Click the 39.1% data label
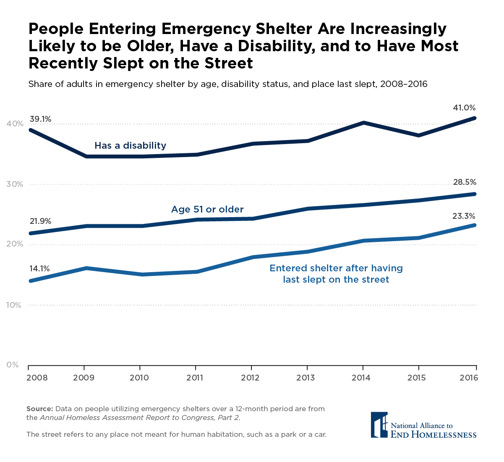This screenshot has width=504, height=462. (x=40, y=119)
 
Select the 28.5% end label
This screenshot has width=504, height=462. (x=465, y=182)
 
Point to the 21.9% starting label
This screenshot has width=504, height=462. (x=40, y=221)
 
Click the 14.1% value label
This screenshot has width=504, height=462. (x=40, y=268)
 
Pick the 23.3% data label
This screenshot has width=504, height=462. (x=465, y=216)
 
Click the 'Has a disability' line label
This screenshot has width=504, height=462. (x=130, y=146)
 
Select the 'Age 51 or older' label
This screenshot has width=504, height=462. (x=207, y=210)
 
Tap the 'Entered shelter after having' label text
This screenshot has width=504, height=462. (x=336, y=268)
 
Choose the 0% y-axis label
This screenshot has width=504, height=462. (x=13, y=365)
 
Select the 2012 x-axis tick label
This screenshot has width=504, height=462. (x=250, y=378)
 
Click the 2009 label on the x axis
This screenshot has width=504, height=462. (x=84, y=378)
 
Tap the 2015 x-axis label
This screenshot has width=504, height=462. (x=417, y=378)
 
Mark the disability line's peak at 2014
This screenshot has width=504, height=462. (x=363, y=123)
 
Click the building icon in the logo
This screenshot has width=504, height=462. (x=379, y=425)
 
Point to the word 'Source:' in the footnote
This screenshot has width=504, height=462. (x=40, y=409)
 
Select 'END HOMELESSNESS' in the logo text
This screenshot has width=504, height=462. (x=433, y=435)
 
